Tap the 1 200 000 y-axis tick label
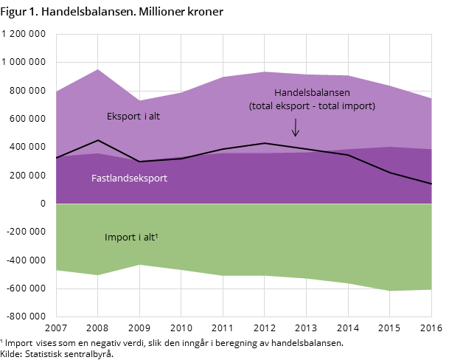[x=24, y=34]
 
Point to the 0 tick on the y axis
[x=43, y=204]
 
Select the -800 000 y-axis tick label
[x=26, y=316]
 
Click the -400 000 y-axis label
[x=26, y=260]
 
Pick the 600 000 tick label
[x=27, y=119]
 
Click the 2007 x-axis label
[x=56, y=328]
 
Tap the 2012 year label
[x=264, y=328]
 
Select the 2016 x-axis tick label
[x=431, y=328]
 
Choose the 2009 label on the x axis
[x=139, y=328]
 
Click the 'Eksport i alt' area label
[x=133, y=117]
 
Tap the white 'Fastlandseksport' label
[x=129, y=179]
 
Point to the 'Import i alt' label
[x=131, y=238]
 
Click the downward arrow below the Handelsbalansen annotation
[x=296, y=128]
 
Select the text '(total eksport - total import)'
[x=312, y=106]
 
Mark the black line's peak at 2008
[x=98, y=140]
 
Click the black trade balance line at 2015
[x=390, y=173]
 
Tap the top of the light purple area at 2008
[x=98, y=69]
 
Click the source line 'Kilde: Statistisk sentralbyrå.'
[x=57, y=354]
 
